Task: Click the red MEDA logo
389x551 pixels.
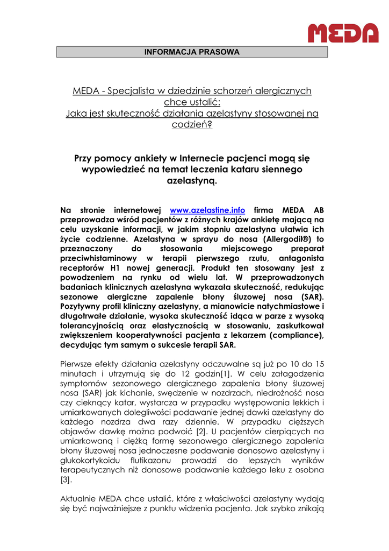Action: [343, 33]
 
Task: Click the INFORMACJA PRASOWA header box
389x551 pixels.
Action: [192, 52]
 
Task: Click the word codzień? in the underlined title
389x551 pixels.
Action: [192, 124]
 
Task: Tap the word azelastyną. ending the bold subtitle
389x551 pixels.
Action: [192, 181]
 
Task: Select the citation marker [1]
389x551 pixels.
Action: [228, 373]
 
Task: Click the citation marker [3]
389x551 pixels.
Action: [66, 480]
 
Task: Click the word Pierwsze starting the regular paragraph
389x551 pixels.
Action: [77, 364]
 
